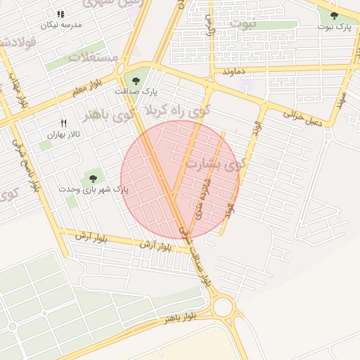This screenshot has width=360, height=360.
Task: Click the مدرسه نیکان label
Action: pyautogui.click(x=61, y=25)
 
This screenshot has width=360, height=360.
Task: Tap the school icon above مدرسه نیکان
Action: pyautogui.click(x=60, y=14)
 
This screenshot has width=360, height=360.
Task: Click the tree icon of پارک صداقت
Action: pyautogui.click(x=136, y=79)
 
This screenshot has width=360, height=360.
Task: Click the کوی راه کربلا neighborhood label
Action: pyautogui.click(x=175, y=111)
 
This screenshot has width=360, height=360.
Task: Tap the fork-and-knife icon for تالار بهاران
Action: pyautogui.click(x=64, y=123)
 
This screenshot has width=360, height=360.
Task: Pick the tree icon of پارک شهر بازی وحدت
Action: pyautogui.click(x=93, y=178)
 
